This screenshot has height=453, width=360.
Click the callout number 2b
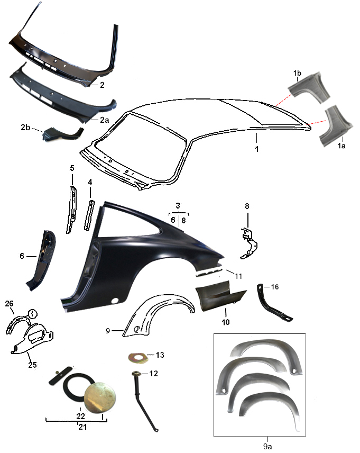pos(25,127)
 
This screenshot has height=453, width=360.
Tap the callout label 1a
pos(341,146)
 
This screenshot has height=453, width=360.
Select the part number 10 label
pos(226,322)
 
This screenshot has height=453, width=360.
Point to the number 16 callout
pos(275,287)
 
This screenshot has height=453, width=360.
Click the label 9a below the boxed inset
pos(267,446)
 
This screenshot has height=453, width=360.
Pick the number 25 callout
pos(32,365)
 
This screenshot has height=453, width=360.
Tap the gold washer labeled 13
pos(138,357)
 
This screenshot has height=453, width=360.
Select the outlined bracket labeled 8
pos(249,243)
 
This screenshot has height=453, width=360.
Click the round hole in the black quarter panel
pos(115,301)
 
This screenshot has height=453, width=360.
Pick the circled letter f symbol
pos(33,313)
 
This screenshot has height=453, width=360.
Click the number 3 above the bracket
pos(178,205)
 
